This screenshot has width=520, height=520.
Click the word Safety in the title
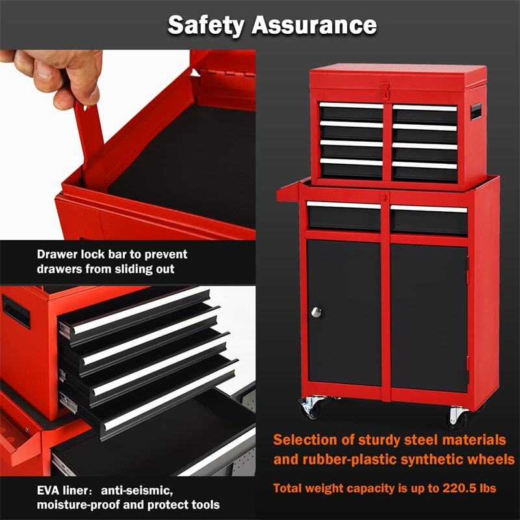tap(206, 25)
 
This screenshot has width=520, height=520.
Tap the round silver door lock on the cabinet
tap(316, 312)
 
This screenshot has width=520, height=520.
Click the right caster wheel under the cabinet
tap(458, 415)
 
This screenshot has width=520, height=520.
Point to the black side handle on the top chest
tap(478, 111)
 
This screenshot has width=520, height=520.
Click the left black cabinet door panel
tap(344, 312)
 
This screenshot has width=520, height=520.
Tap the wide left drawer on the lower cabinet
tap(344, 215)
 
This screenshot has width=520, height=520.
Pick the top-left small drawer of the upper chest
tap(351, 112)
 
